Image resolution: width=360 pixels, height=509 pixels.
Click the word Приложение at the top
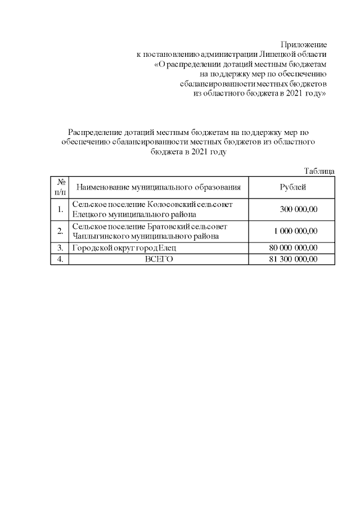pos(304,44)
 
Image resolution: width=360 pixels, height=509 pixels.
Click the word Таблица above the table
pos(319,171)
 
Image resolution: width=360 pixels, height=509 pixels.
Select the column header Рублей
pos(293,187)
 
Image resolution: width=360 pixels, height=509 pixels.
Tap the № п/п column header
pos(60,187)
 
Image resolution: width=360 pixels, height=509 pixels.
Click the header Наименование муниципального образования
pos(159,187)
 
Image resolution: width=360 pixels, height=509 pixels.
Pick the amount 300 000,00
pos(299,209)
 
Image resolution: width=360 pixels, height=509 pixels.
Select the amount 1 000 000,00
pos(296,231)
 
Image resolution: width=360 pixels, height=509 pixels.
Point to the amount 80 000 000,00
pos(294,247)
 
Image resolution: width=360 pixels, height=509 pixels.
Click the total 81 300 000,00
pos(294,259)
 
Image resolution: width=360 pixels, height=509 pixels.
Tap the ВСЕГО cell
pos(159,259)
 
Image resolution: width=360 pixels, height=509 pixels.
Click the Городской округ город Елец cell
pos(124,247)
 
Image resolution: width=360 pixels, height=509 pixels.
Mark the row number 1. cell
pos(60,209)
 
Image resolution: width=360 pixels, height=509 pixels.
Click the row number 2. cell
pos(60,231)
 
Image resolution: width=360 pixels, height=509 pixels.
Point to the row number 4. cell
pos(60,259)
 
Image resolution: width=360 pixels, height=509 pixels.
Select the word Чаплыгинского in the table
pos(100,236)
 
